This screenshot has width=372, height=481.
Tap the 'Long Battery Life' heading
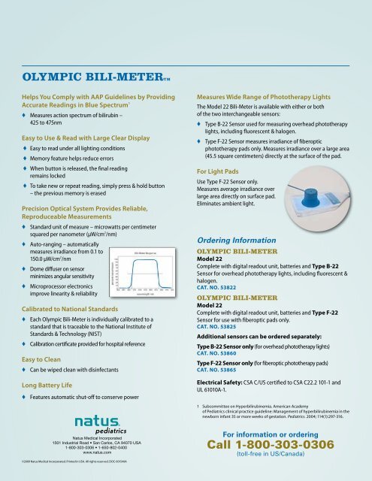click(51, 386)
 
